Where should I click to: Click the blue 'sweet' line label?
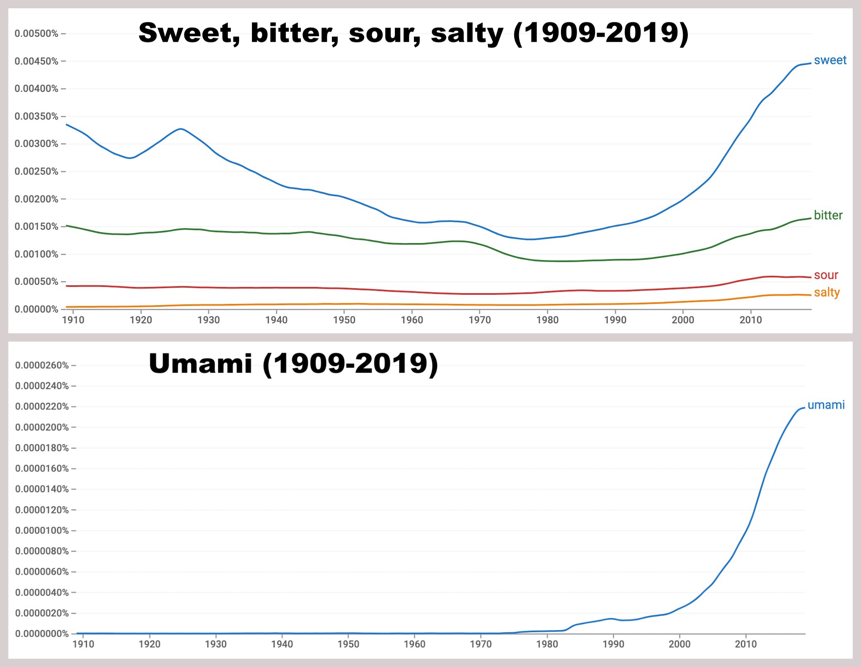tap(830, 60)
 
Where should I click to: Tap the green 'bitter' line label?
tap(828, 215)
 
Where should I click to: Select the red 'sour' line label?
tap(826, 275)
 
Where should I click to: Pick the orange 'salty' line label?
tap(827, 293)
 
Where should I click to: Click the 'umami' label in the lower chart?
tap(826, 405)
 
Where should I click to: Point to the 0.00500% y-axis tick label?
tap(36, 34)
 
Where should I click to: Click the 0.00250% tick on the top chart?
tap(36, 171)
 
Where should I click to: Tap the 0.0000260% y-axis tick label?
tap(42, 365)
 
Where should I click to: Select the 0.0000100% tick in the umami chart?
tap(42, 530)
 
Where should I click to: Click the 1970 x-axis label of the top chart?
tap(479, 320)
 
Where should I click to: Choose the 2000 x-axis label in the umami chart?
tap(680, 644)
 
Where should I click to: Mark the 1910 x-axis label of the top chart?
tap(73, 320)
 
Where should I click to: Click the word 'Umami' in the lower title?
tap(201, 364)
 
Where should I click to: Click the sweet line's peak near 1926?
tap(181, 129)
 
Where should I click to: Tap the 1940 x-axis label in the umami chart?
tap(282, 644)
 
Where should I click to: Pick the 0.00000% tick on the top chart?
tap(36, 309)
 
